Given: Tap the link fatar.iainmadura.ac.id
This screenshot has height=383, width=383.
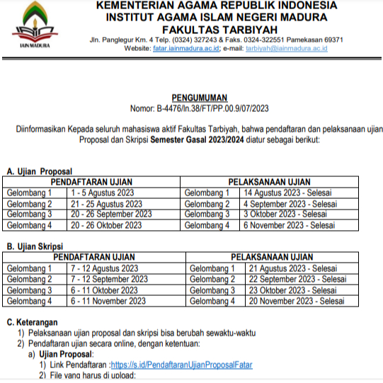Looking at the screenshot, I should pyautogui.click(x=185, y=48).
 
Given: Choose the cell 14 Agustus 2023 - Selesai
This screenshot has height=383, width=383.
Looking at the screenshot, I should pyautogui.click(x=287, y=193).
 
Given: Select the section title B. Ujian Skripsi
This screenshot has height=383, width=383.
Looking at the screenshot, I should pyautogui.click(x=36, y=247).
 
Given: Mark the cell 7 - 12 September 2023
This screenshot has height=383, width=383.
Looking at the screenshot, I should pyautogui.click(x=108, y=280).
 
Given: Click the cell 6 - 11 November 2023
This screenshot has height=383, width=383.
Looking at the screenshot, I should pyautogui.click(x=108, y=301).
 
